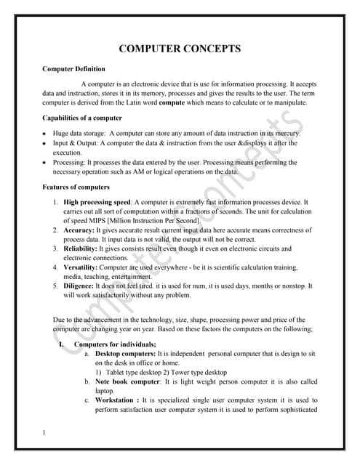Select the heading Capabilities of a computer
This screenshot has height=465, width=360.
(82, 118)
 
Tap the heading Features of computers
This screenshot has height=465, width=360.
(76, 187)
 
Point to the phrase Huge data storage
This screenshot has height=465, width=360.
(77, 134)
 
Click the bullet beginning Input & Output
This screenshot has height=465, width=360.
(72, 144)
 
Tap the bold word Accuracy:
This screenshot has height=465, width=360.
(81, 230)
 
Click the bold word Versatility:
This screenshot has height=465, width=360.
(84, 267)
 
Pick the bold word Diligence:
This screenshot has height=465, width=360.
(82, 286)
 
